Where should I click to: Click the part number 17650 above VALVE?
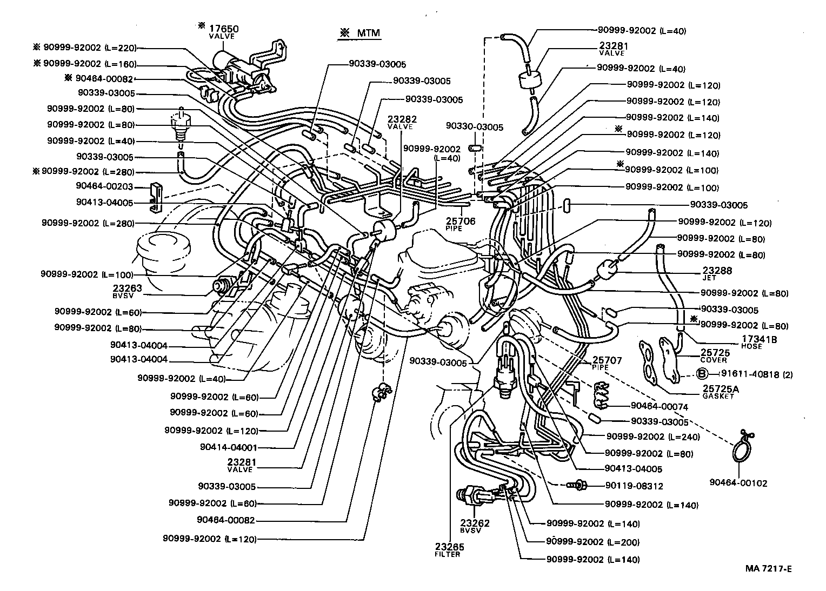(224, 29)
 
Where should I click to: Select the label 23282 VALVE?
(400, 122)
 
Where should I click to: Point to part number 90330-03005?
(475, 127)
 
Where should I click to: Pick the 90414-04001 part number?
(228, 447)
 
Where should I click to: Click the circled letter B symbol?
(702, 373)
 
